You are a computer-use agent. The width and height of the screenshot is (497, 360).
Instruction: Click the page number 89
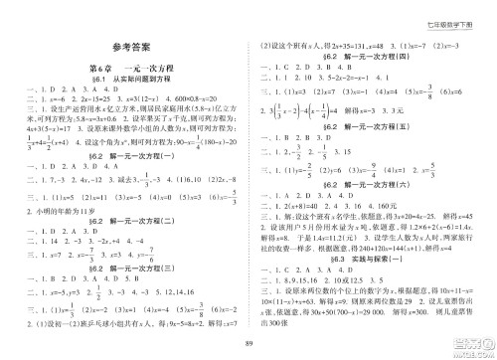[248, 344]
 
